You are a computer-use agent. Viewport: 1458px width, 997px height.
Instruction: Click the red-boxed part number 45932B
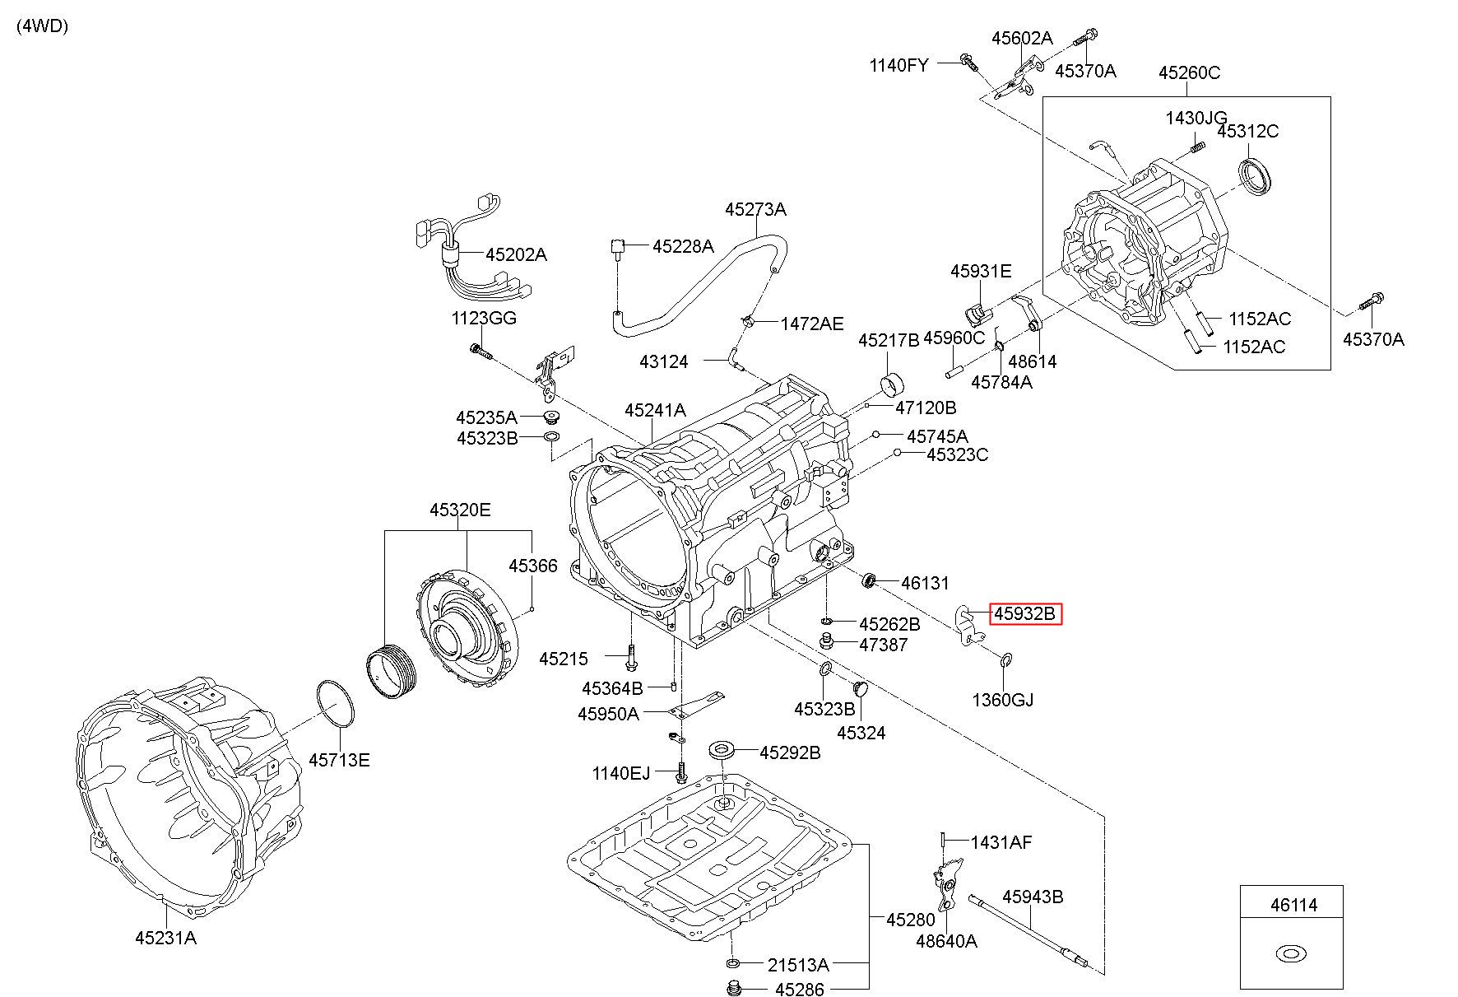(1024, 614)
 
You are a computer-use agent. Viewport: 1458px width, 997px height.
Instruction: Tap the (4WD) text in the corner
(42, 26)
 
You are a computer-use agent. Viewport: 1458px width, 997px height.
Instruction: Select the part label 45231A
(165, 937)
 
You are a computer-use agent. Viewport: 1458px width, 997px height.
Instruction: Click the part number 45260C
(1189, 72)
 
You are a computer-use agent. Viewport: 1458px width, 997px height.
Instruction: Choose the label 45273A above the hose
(755, 209)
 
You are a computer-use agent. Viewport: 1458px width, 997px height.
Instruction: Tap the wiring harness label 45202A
(515, 254)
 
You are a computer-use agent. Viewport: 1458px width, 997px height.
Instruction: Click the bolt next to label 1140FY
(968, 61)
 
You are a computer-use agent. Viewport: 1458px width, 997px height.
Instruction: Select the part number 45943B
(1032, 897)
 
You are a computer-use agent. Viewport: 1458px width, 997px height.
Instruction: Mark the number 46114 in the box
(1293, 906)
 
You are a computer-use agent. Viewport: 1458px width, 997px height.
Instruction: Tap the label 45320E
(459, 510)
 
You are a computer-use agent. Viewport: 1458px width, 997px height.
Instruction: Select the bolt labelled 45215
(630, 657)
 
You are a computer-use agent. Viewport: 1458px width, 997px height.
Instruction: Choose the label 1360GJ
(1002, 700)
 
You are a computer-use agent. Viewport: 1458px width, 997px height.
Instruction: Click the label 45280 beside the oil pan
(910, 920)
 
